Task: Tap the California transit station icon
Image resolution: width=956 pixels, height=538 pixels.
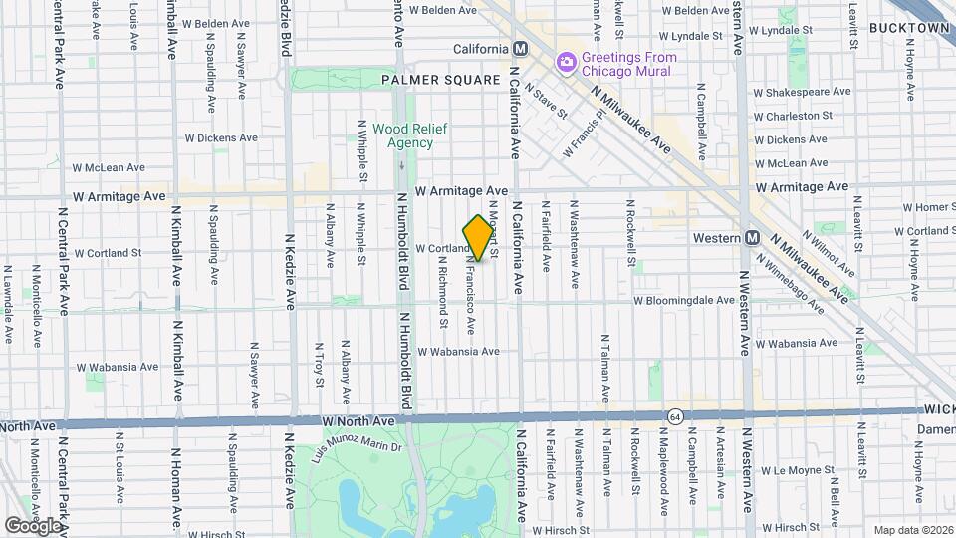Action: (520, 49)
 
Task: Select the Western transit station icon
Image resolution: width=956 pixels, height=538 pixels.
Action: (753, 238)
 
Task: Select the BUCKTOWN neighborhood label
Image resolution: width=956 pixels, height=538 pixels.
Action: (909, 28)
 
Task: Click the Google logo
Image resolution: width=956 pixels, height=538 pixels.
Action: (32, 525)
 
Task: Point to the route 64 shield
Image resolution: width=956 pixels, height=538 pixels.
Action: (674, 414)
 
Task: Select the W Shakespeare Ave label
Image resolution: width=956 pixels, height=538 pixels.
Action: (803, 92)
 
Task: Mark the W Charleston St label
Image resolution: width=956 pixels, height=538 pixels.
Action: (793, 117)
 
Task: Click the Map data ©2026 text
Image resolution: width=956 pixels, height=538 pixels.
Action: (911, 530)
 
